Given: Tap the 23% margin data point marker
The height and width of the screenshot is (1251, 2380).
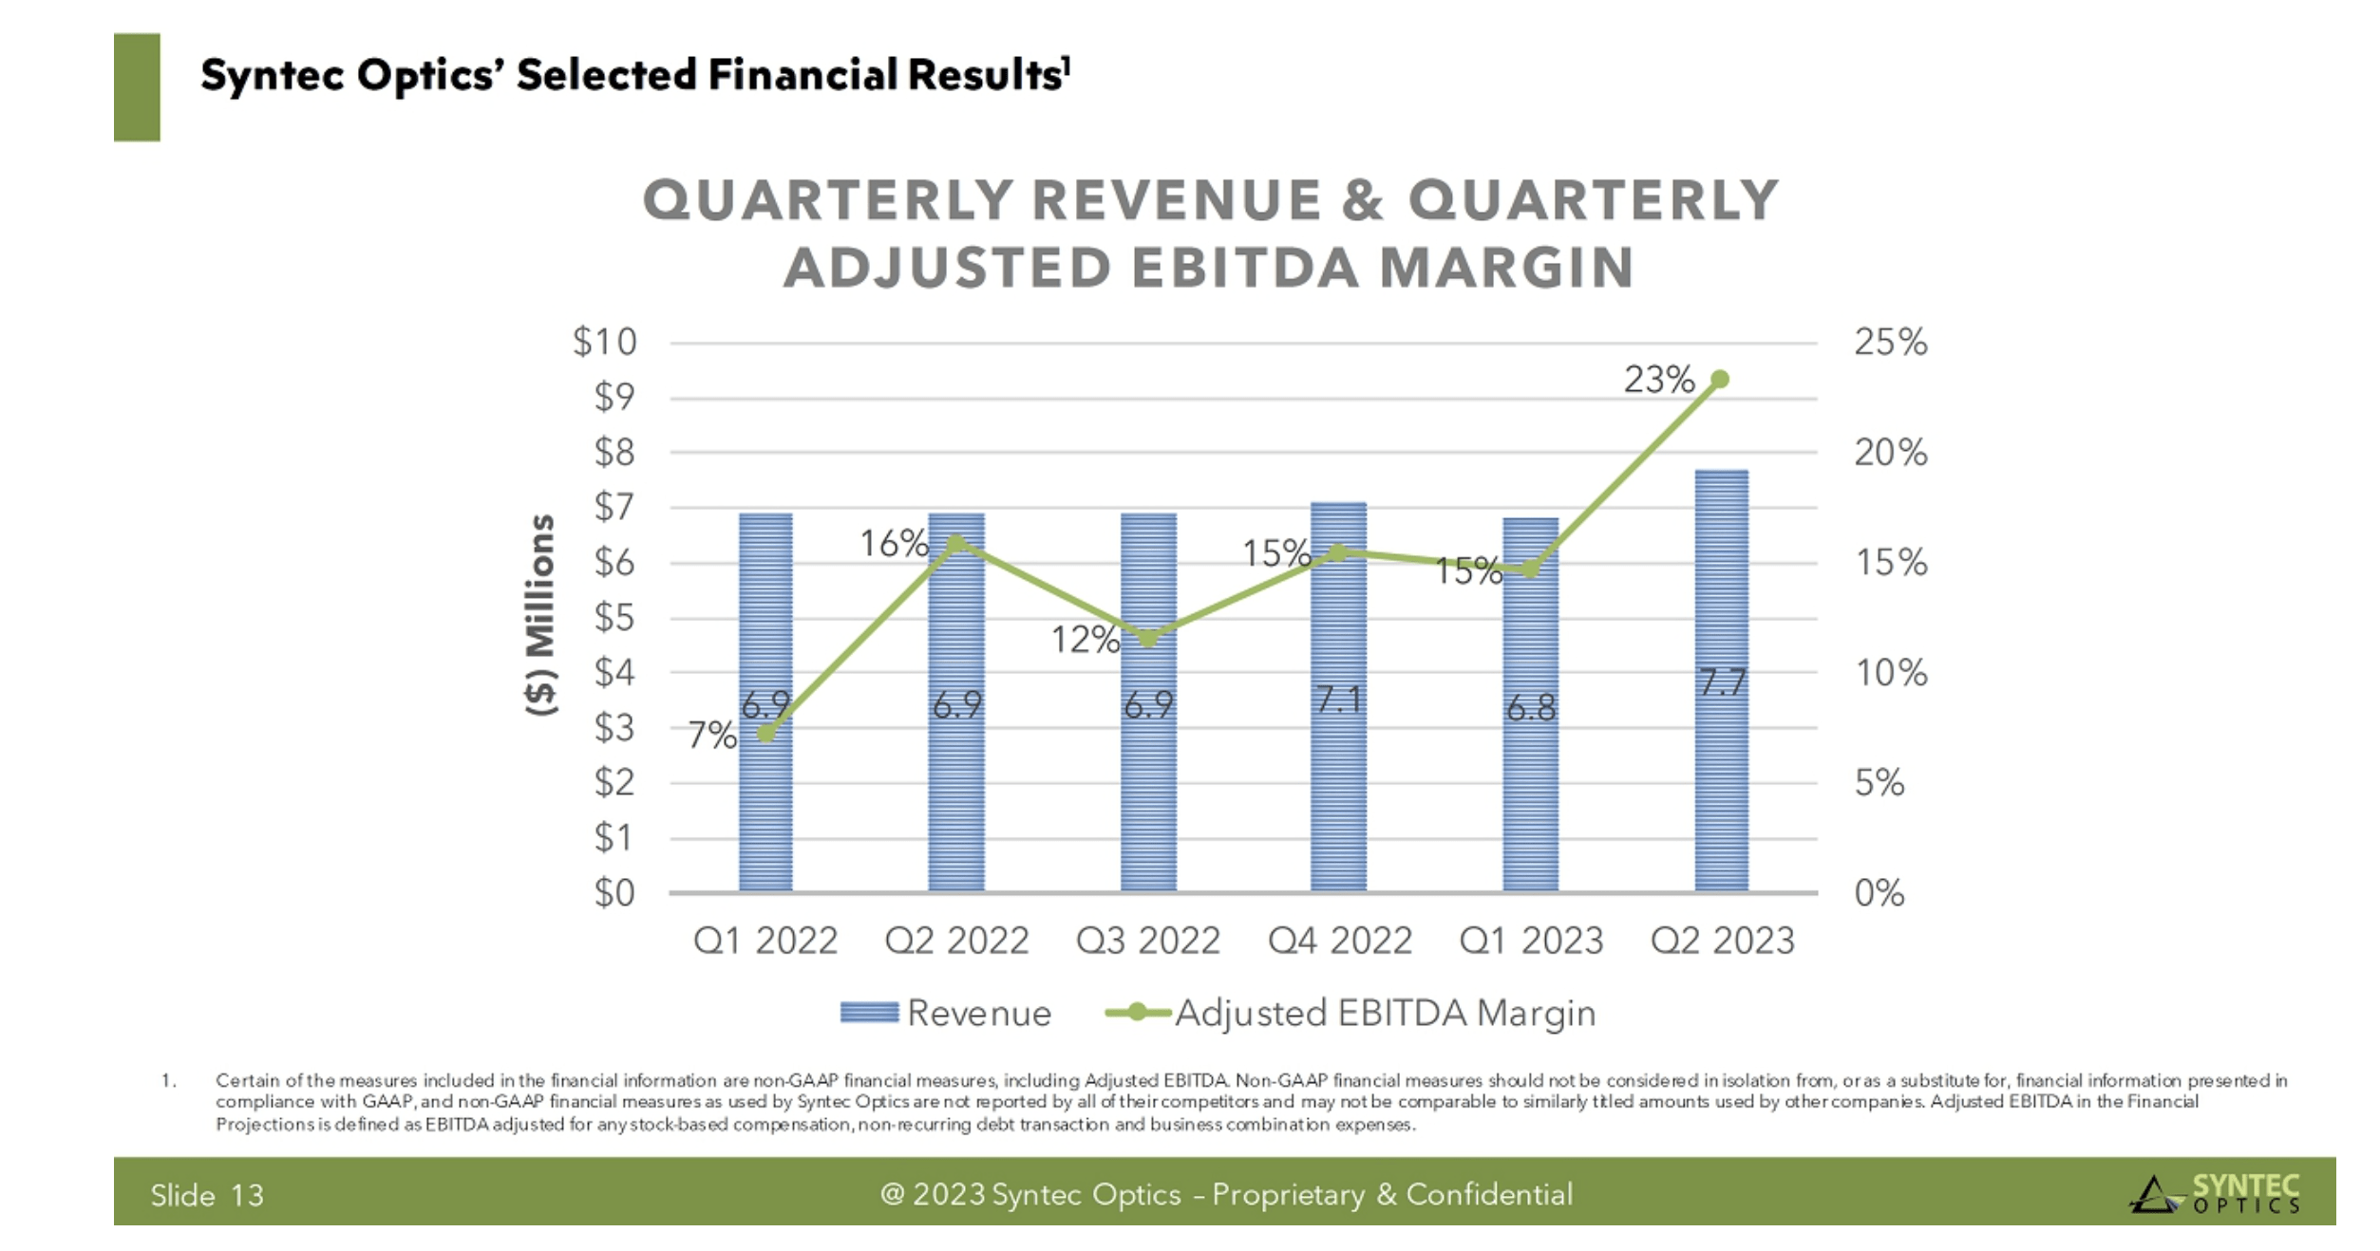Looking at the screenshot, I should tap(1719, 379).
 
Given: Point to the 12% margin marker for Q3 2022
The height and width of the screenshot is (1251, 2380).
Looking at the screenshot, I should tap(1148, 638).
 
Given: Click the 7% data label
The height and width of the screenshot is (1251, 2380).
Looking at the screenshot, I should tap(711, 735).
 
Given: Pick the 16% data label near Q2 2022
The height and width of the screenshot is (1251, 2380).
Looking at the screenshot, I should tap(893, 544).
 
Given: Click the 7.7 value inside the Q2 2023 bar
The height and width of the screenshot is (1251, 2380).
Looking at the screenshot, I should tap(1722, 682).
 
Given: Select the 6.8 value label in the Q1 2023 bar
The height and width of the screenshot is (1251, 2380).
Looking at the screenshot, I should tap(1531, 708).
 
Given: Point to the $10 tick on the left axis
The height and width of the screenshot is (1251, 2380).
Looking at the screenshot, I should tap(604, 342).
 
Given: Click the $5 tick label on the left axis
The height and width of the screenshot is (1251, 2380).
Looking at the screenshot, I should tap(614, 618).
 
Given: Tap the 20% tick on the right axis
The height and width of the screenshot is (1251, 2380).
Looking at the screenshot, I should tap(1890, 453).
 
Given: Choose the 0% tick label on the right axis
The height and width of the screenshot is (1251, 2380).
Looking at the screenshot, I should tap(1879, 893).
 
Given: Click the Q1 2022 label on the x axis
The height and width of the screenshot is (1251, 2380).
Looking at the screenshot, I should tap(765, 941).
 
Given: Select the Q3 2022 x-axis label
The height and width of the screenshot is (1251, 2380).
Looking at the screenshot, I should tap(1147, 941).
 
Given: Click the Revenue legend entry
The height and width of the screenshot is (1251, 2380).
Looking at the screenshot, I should tap(947, 1013).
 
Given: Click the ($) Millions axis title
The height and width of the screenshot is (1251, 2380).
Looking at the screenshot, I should tap(540, 614).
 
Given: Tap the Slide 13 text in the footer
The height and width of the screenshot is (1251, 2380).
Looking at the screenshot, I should tap(207, 1195).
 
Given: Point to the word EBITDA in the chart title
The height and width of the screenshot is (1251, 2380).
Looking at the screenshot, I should tap(1244, 267).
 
